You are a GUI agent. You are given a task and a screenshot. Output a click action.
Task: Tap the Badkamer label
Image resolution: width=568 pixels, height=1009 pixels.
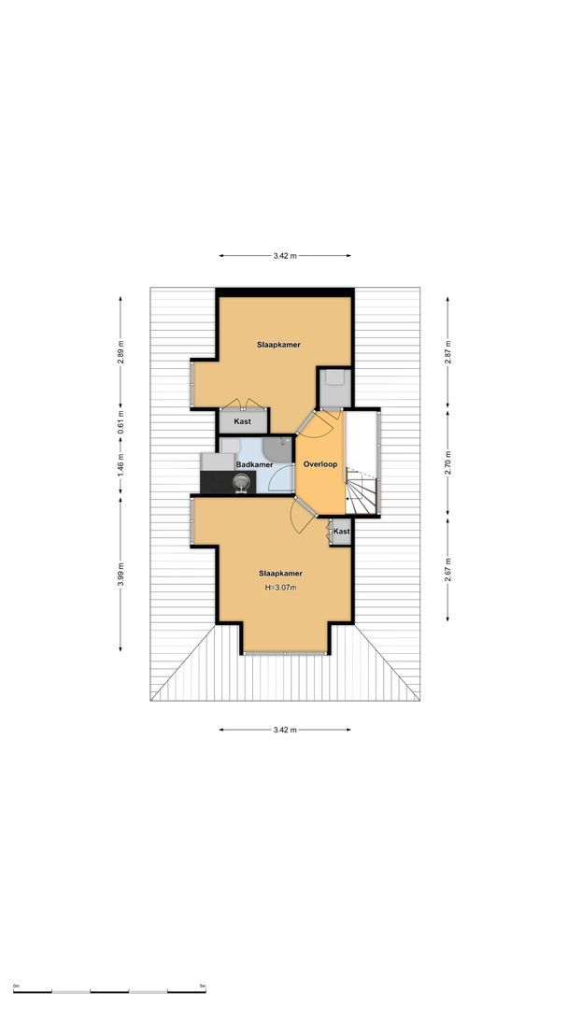coord(254,464)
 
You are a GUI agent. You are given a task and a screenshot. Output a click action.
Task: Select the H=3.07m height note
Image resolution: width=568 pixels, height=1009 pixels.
coord(280,588)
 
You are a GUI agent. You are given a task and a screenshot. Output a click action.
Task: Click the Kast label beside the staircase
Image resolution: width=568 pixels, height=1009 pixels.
coord(341,532)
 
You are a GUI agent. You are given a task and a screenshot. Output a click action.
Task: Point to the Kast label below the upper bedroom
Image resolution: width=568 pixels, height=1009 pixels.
coord(242,421)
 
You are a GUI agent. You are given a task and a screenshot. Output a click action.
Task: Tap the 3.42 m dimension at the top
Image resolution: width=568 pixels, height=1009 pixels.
coord(285,255)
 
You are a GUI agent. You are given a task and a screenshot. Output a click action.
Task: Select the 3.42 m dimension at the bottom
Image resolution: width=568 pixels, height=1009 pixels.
coord(285,730)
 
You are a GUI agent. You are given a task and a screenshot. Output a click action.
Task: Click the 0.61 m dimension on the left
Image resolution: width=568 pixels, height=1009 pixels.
coord(121,419)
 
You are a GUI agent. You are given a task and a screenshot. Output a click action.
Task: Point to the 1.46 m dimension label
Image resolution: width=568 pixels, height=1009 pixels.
coord(121,463)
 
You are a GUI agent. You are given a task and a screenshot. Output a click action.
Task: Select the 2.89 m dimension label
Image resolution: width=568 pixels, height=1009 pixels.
coord(121,352)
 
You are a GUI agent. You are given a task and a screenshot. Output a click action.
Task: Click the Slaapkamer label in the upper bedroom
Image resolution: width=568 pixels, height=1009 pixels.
coord(278,345)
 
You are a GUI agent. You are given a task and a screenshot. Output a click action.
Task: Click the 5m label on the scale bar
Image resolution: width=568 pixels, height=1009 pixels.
coord(203,986)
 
